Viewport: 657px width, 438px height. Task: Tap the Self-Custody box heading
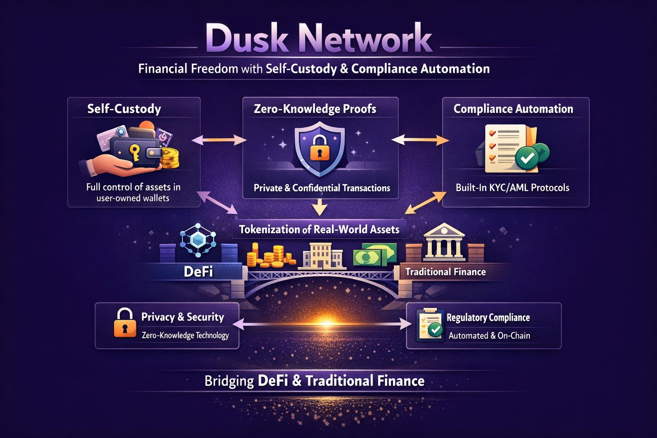point(124,109)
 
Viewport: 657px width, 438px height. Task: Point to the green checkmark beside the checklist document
point(527,158)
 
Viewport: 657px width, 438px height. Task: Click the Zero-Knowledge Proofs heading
point(315,109)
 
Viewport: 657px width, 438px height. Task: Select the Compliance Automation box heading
point(513,109)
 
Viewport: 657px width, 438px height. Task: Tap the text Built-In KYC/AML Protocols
point(512,187)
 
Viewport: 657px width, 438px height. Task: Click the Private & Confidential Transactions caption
point(322,188)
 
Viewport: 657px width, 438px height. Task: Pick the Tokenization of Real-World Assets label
point(319,229)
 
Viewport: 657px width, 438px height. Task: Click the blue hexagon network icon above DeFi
point(198,240)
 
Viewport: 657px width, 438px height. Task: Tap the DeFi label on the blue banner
point(198,272)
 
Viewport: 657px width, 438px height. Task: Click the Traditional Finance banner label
point(445,272)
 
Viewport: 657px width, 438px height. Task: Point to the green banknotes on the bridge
point(374,255)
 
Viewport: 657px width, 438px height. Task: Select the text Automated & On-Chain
point(489,336)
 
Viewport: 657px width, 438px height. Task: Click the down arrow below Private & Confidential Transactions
point(320,207)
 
